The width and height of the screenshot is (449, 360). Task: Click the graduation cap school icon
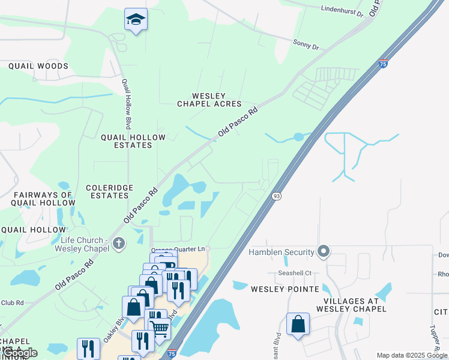tap(136, 20)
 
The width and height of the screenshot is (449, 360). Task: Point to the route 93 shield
tap(276, 196)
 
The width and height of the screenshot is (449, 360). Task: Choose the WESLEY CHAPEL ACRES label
tap(209, 100)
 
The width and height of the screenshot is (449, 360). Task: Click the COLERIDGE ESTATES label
tap(109, 191)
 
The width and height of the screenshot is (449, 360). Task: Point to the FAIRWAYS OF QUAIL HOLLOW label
tap(44, 199)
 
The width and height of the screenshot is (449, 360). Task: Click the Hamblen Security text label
tap(282, 253)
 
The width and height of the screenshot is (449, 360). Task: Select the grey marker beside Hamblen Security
tap(324, 251)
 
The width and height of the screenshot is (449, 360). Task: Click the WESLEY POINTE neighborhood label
tap(285, 289)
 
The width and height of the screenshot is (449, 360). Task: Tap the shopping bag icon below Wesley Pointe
tap(298, 325)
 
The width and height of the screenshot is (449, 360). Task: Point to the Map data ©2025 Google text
tap(412, 355)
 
